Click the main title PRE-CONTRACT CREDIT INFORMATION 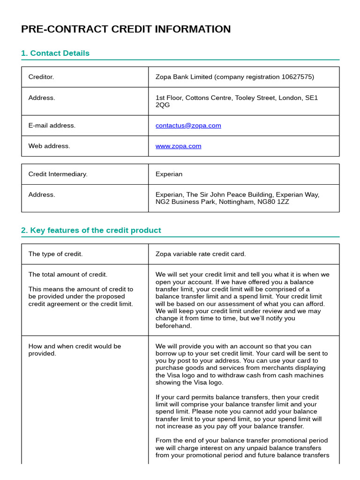126,30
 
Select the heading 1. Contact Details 55,53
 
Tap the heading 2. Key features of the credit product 91,231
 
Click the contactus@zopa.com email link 188,126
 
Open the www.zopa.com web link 178,146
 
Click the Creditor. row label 41,77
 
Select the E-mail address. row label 52,126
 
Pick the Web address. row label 49,146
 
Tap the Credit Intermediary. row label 58,174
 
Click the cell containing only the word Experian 169,174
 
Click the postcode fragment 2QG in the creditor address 163,105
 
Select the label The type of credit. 55,254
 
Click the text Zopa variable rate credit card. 201,254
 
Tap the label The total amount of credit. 67,275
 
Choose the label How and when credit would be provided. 75,350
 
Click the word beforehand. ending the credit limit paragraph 173,326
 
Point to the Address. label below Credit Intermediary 42,195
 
